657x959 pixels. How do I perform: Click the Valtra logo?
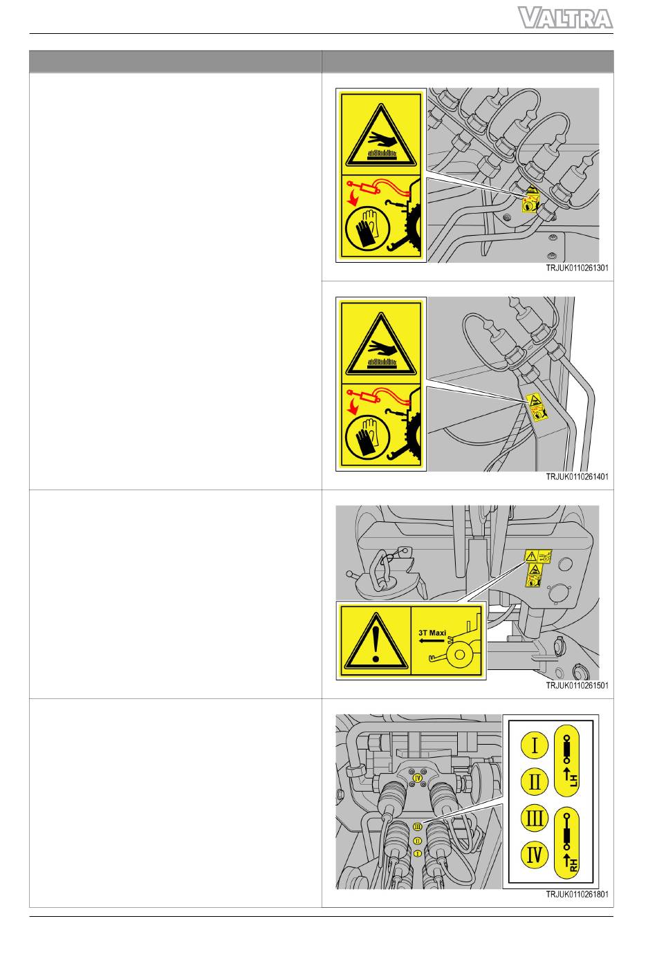[565, 18]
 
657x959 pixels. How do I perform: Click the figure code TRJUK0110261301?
[577, 268]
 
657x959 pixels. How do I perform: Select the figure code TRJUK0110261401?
[577, 476]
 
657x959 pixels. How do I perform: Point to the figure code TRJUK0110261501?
[577, 685]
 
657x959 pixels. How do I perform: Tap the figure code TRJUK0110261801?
[577, 895]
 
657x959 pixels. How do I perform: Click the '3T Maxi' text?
[432, 633]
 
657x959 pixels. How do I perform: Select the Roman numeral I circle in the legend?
[534, 745]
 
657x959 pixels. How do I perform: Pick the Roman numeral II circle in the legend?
[534, 781]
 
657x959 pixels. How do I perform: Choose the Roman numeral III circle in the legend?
[534, 818]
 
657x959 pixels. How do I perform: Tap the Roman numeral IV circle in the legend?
[534, 855]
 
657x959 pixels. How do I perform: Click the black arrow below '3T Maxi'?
[432, 641]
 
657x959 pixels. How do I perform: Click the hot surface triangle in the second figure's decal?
[380, 344]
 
